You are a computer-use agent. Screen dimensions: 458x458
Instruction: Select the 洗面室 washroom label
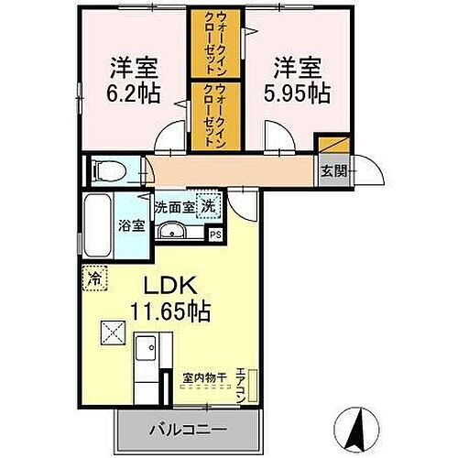click(175, 207)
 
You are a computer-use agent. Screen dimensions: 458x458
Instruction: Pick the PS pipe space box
click(216, 234)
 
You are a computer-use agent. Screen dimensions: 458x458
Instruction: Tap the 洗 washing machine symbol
click(209, 206)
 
